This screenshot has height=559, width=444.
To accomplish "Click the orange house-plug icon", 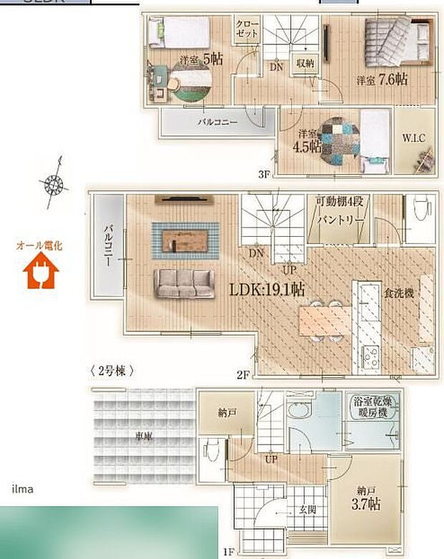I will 39,273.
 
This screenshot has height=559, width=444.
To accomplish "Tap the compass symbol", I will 54,182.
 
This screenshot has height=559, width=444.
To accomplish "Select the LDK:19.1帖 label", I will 267,290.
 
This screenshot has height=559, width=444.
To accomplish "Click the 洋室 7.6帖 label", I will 382,79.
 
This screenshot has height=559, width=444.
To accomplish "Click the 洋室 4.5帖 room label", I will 309,141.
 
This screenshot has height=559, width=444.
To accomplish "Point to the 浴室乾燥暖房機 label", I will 372,408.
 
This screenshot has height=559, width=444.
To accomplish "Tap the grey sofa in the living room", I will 186,283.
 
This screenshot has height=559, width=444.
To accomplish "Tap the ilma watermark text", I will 22,490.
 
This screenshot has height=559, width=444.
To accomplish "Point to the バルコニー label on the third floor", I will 218,122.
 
